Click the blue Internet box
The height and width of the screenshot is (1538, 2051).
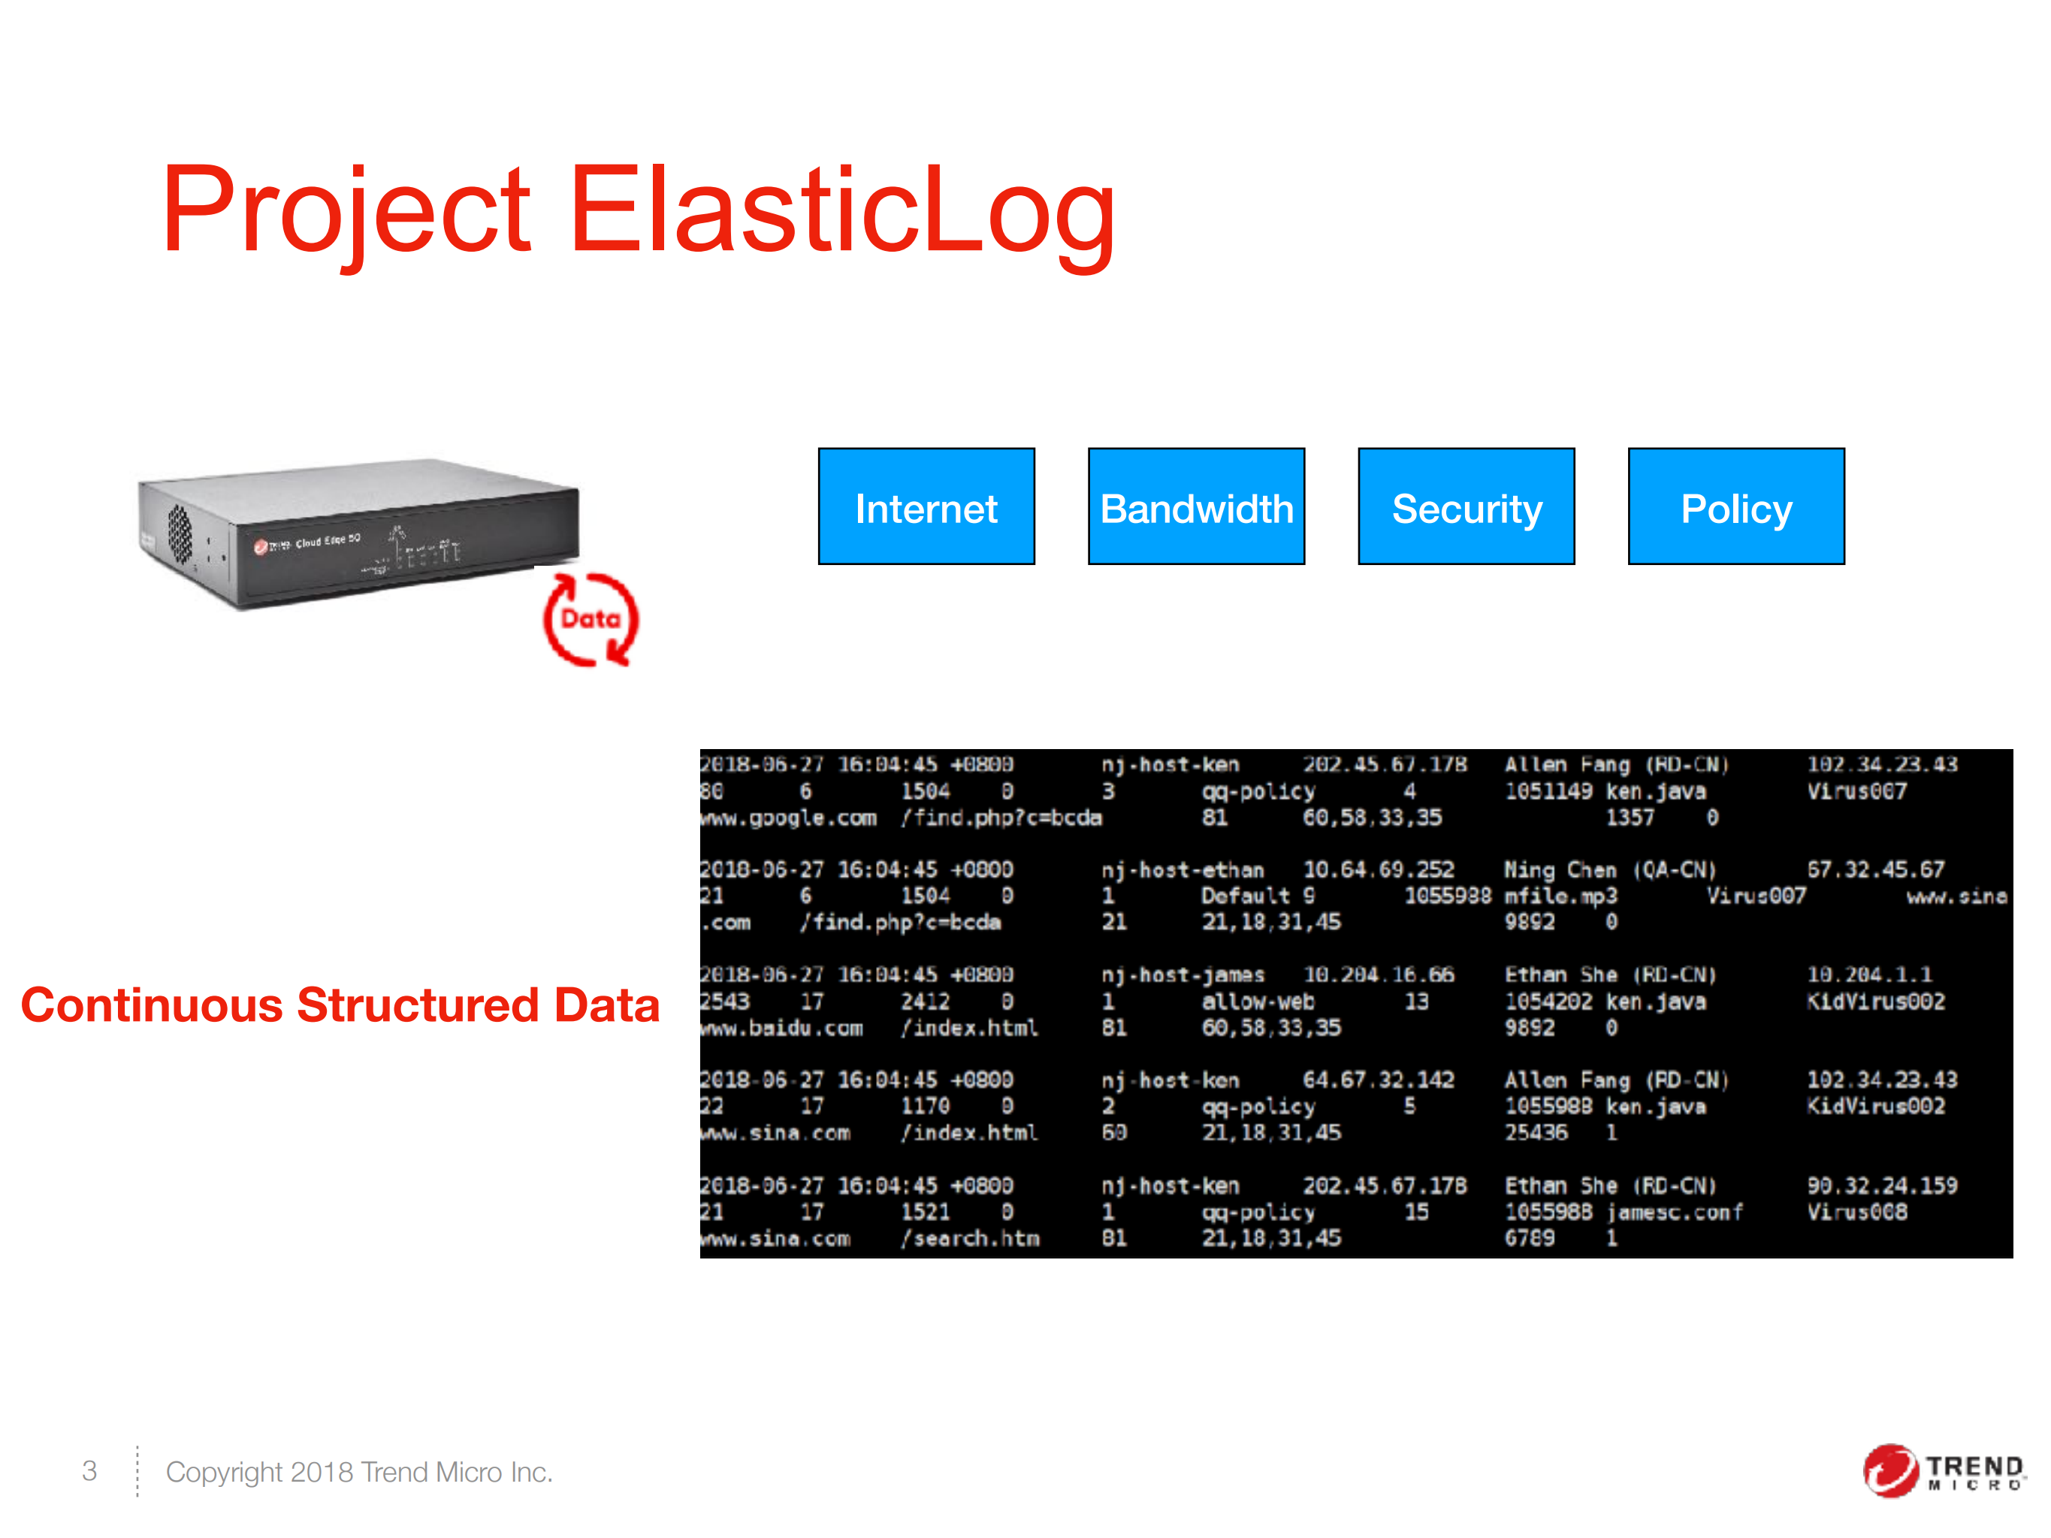pyautogui.click(x=926, y=506)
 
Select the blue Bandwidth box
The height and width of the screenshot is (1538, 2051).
pyautogui.click(x=1196, y=506)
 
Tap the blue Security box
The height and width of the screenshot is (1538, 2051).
pyautogui.click(x=1466, y=506)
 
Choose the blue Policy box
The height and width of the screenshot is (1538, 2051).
pyautogui.click(x=1735, y=506)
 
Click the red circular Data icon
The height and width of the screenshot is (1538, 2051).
pyautogui.click(x=591, y=619)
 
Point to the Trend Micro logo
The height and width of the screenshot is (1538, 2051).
pyautogui.click(x=1943, y=1470)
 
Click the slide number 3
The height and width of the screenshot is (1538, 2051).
pyautogui.click(x=89, y=1470)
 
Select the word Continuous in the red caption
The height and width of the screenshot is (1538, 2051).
pyautogui.click(x=151, y=1005)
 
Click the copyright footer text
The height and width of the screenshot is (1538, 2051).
pyautogui.click(x=359, y=1471)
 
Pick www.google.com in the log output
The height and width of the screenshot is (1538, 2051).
pyautogui.click(x=788, y=817)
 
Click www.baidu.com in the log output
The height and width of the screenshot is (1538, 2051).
pyautogui.click(x=781, y=1028)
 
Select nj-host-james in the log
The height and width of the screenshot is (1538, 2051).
pyautogui.click(x=1183, y=975)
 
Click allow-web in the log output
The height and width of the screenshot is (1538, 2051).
pyautogui.click(x=1258, y=1002)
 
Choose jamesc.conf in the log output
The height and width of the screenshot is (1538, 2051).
pyautogui.click(x=1675, y=1213)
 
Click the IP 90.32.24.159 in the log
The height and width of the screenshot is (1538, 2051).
pyautogui.click(x=1881, y=1186)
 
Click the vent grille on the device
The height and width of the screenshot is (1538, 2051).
pyautogui.click(x=180, y=533)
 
